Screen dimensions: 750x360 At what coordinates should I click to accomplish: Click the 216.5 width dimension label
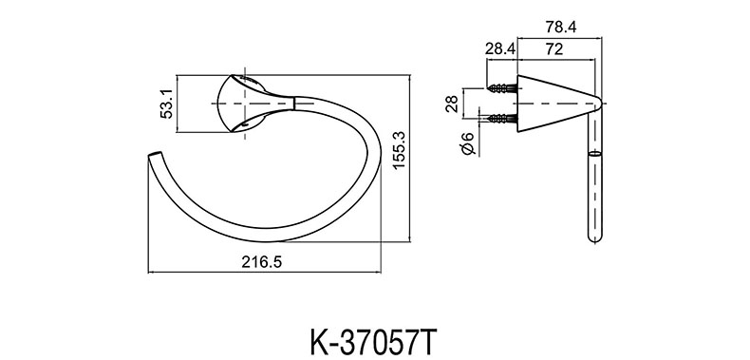[262, 261]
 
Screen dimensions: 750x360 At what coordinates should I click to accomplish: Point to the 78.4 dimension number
[560, 28]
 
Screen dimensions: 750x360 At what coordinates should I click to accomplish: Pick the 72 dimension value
[553, 48]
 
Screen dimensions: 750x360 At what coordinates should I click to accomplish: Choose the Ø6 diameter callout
[467, 142]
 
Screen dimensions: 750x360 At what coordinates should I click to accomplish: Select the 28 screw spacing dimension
[452, 104]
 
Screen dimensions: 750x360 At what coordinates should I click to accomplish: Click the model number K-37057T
[374, 342]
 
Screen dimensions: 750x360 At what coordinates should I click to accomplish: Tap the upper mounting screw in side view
[502, 88]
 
